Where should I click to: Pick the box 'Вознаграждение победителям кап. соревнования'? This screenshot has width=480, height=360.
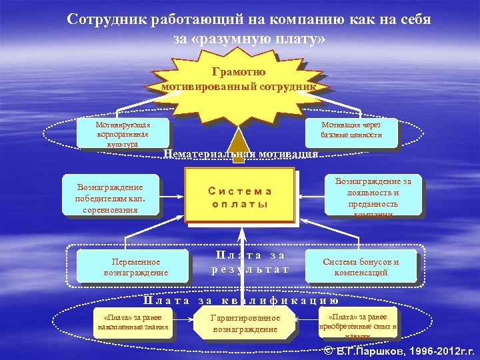point(111,195)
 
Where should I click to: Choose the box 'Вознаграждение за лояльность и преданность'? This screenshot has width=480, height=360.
point(373,195)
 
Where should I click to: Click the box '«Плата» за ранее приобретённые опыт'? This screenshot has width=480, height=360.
point(357,322)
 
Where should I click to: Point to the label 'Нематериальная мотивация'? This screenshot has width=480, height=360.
point(241,154)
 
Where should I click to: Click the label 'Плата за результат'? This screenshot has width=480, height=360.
point(250,262)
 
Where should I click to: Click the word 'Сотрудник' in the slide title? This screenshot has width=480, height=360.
point(106,19)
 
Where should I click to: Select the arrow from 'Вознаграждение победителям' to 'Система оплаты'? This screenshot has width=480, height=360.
point(172,196)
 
